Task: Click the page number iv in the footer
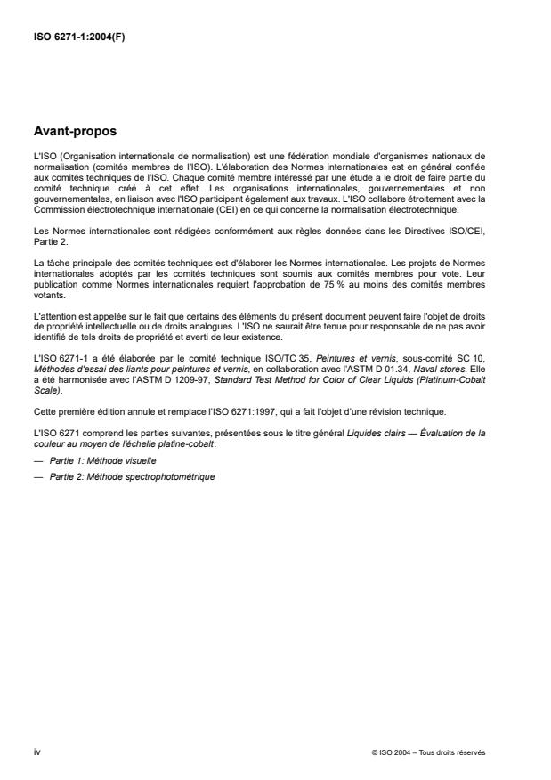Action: point(36,752)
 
